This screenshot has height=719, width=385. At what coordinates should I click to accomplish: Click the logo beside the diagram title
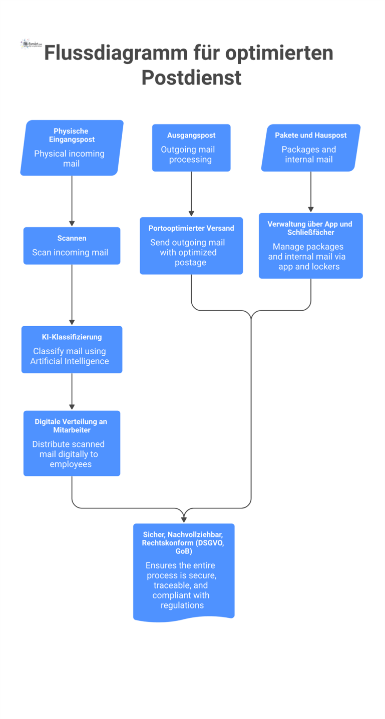31,45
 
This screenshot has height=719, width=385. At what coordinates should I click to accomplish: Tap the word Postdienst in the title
191,78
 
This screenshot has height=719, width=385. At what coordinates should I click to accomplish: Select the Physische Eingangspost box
72,148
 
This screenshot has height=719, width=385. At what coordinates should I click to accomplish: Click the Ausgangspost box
191,148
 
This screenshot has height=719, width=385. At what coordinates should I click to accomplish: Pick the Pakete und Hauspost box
310,148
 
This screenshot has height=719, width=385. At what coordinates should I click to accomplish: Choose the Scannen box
72,246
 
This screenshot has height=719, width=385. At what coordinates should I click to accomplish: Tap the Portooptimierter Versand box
191,246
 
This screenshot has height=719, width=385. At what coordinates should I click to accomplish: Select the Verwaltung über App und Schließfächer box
310,246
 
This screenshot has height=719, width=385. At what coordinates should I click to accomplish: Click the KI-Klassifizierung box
72,349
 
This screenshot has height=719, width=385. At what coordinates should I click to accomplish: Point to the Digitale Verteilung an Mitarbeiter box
72,443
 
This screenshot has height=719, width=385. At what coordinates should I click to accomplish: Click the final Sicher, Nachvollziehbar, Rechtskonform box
184,570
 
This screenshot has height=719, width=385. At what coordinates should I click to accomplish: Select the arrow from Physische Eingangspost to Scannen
72,200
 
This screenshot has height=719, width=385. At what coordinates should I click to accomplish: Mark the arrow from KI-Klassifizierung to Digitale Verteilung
72,391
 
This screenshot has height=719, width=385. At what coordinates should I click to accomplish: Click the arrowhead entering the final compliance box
184,518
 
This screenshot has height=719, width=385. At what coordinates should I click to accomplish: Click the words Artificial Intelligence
70,361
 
